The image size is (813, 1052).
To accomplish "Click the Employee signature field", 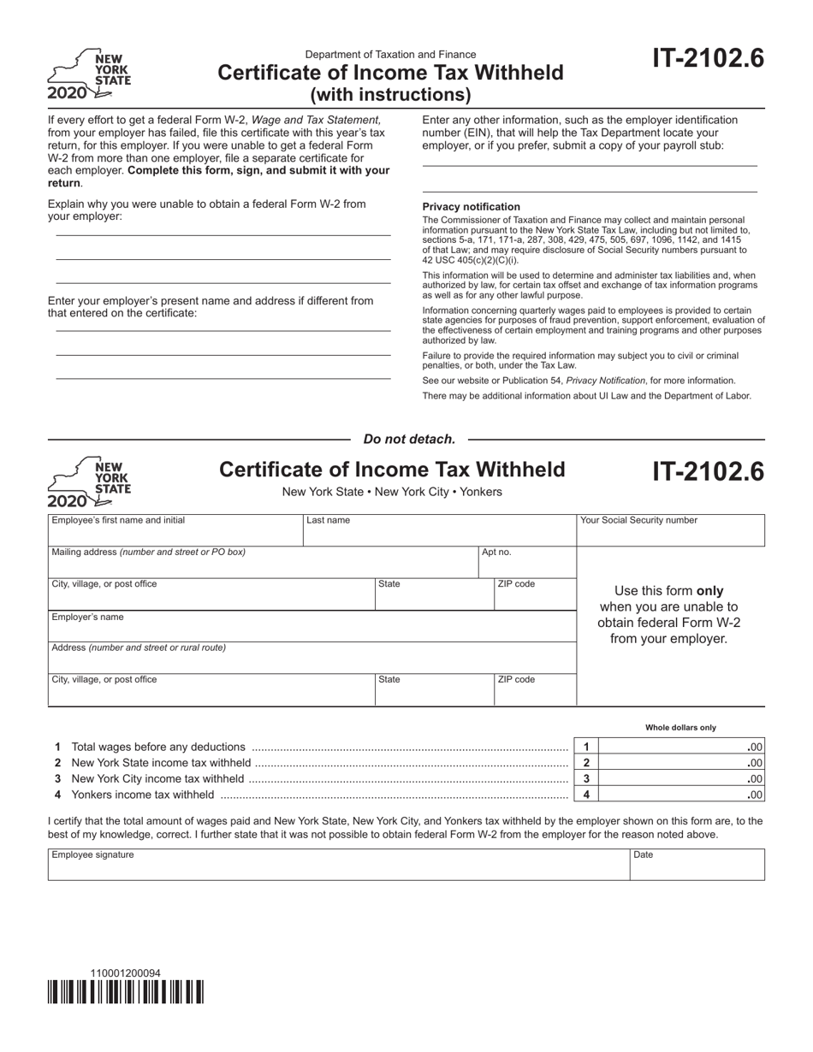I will [x=338, y=867].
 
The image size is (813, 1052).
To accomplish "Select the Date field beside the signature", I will [x=697, y=867].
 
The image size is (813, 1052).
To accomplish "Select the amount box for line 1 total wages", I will [x=680, y=747].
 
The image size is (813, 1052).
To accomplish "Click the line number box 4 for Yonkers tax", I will [x=586, y=795].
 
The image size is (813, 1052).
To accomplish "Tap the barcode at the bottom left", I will [x=126, y=991].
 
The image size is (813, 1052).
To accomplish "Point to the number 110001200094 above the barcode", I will [x=125, y=973].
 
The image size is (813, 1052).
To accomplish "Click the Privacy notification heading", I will [x=471, y=207].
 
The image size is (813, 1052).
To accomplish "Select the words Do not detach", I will [x=409, y=439].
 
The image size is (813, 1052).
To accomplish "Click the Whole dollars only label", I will [x=680, y=728].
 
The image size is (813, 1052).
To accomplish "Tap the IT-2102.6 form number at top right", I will [x=708, y=58].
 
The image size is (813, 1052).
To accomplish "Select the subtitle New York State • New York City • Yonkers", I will [x=392, y=492].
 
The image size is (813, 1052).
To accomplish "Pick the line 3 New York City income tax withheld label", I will [x=157, y=779].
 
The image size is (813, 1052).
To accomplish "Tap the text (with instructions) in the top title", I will [x=390, y=94].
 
